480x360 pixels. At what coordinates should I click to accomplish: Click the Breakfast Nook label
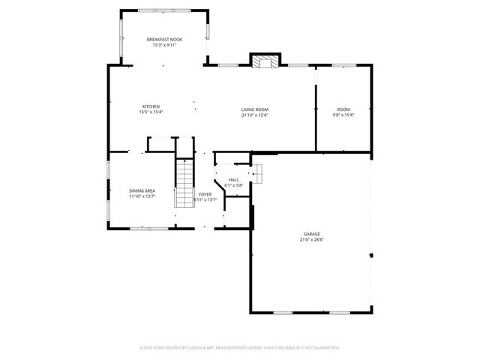pos(164,39)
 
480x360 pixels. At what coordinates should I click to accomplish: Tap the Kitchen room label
pos(151,106)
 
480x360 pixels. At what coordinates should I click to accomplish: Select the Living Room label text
pos(254,109)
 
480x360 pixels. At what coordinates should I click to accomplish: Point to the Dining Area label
pos(142,191)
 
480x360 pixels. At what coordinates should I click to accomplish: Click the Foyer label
pos(205,194)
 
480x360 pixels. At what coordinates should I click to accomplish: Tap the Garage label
pos(311,234)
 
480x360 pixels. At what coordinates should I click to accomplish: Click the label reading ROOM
pos(343,109)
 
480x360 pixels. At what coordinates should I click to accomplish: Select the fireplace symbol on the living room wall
pos(264,61)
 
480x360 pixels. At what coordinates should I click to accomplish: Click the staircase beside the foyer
pos(184,183)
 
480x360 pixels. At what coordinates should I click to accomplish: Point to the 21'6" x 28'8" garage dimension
pos(311,240)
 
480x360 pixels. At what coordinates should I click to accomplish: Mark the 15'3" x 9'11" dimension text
pos(164,45)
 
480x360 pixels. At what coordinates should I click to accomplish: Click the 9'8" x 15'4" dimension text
pos(343,115)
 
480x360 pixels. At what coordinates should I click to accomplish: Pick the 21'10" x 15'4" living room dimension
pos(254,115)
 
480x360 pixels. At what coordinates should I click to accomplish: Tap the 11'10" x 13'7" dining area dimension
pos(142,197)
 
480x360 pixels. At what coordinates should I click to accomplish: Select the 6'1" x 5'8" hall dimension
pos(233,186)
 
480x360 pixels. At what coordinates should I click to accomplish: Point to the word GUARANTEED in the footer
pos(325,348)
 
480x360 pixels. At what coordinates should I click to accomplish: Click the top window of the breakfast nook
pos(164,10)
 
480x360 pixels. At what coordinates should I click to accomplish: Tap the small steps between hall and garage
pos(256,174)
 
